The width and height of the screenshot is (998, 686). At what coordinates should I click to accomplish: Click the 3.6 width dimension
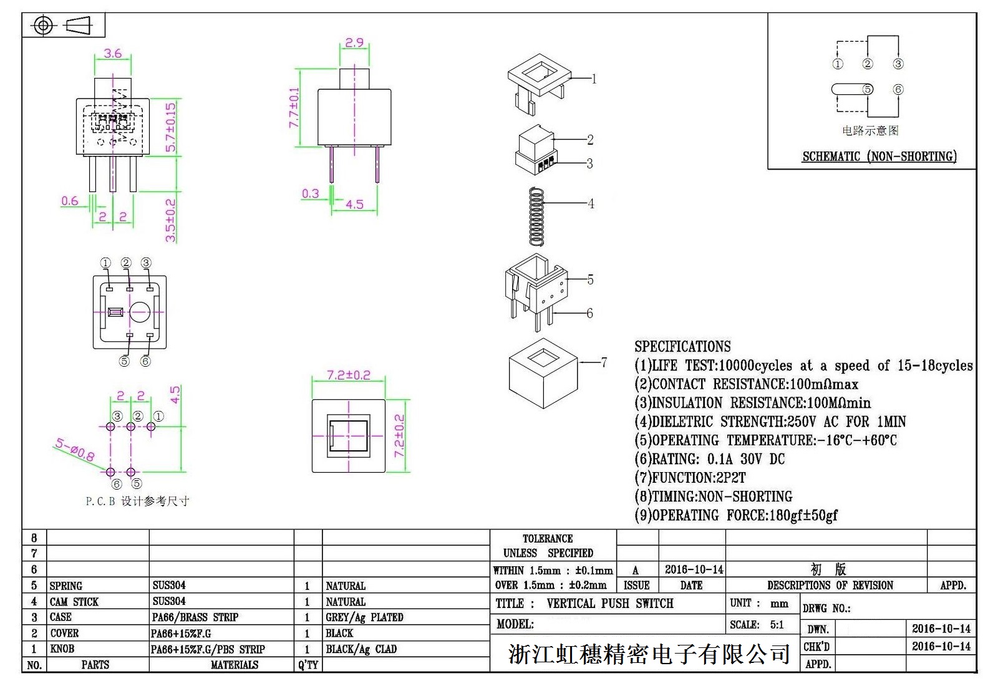113,54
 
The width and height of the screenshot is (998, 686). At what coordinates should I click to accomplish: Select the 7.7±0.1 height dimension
294,107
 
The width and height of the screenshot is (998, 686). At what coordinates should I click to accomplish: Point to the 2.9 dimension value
354,42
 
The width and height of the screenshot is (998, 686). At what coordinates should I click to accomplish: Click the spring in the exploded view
536,216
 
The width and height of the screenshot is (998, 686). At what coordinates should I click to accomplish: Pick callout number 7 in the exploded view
603,362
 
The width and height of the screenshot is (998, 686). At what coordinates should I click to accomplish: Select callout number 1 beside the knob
594,79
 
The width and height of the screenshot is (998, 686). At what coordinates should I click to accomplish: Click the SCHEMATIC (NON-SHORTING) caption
879,157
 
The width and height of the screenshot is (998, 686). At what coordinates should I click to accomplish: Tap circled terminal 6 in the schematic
898,89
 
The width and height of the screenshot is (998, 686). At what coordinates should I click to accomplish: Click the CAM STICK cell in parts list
74,602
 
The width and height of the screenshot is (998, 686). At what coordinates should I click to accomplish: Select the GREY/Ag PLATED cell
364,617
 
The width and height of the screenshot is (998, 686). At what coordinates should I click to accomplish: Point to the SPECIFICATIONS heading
682,347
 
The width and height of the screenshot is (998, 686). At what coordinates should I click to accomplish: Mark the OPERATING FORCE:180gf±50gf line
736,515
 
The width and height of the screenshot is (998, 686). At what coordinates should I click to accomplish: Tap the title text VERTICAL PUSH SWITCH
609,603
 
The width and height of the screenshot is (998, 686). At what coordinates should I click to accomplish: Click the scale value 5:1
777,624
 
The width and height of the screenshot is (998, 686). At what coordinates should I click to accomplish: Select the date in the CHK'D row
941,646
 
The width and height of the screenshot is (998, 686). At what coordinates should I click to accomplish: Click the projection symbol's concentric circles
43,26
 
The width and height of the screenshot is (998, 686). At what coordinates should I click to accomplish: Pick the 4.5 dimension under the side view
354,204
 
